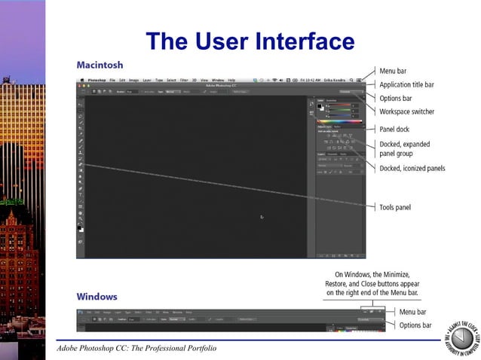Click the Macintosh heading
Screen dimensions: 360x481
pos(100,65)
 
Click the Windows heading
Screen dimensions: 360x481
pos(97,297)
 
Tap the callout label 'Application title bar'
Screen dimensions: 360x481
pos(406,84)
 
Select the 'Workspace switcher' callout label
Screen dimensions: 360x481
pos(407,111)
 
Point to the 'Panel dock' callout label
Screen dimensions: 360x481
pos(394,129)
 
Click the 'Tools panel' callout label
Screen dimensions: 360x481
pos(395,207)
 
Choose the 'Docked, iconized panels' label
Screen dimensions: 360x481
pos(412,169)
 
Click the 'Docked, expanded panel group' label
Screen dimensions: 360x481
pos(404,148)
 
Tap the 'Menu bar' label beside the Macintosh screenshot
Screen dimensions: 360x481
pos(393,71)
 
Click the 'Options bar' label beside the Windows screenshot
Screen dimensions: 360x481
pos(415,325)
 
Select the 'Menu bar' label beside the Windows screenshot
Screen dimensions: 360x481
pos(412,312)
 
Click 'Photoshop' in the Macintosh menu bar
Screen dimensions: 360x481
pos(97,79)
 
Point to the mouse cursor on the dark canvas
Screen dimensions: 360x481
pos(262,217)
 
